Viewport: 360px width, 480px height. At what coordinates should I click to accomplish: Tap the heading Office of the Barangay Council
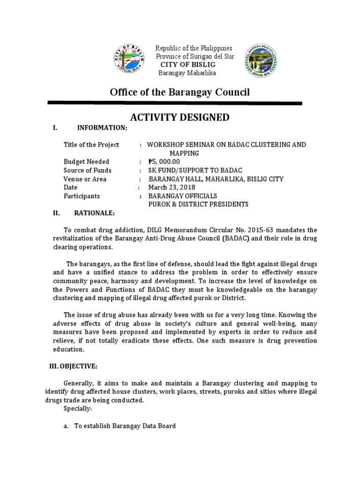tap(180, 92)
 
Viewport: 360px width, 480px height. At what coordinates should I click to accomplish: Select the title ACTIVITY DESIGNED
tap(180, 117)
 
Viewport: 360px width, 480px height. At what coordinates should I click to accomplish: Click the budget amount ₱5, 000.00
tap(164, 162)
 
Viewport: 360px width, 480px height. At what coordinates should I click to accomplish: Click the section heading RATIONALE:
tap(94, 213)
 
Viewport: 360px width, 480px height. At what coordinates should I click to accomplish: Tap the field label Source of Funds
tap(88, 171)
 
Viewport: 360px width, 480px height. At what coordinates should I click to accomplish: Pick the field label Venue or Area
tap(85, 179)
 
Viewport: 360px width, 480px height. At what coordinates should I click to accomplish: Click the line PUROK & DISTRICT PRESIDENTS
tap(198, 204)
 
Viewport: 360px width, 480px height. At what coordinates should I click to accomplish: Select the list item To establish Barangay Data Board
tap(125, 426)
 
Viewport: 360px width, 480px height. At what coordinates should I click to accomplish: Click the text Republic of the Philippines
tap(194, 49)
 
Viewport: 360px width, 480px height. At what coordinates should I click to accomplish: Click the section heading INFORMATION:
tap(102, 128)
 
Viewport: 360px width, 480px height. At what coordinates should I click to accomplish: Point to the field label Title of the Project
tap(91, 145)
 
